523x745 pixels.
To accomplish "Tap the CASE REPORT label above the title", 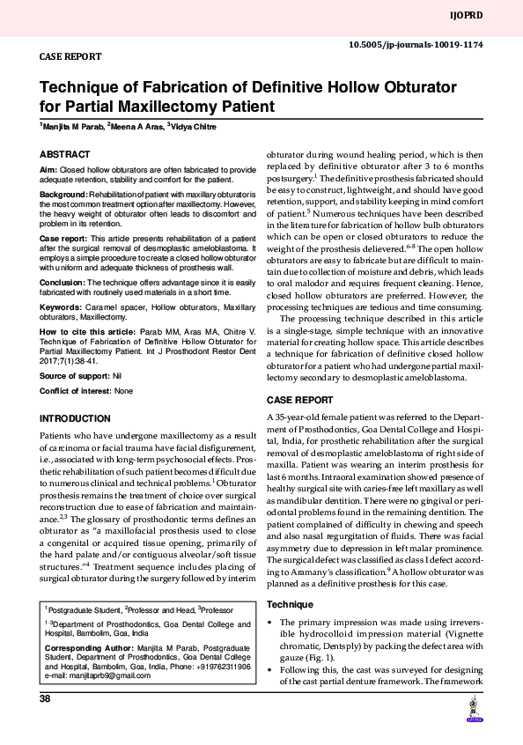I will coord(71,56).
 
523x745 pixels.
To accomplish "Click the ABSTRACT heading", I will coord(65,153).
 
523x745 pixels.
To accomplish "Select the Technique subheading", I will coord(290,604).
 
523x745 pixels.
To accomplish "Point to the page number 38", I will coord(45,698).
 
